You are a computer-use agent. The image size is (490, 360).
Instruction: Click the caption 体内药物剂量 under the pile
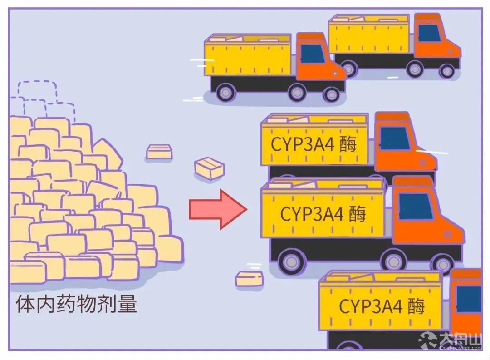click(76, 304)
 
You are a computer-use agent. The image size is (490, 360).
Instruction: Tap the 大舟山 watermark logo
click(451, 341)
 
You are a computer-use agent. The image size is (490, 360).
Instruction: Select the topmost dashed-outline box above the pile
click(37, 91)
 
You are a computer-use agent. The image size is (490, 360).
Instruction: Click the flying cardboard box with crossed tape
click(209, 168)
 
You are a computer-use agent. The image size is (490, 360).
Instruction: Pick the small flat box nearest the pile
click(159, 152)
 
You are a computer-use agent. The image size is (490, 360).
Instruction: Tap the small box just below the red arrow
click(249, 279)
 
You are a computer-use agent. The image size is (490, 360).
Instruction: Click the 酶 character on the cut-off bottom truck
click(416, 306)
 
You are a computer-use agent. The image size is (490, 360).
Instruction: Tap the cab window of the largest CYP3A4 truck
click(416, 206)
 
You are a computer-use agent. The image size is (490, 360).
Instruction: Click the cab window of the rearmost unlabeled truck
click(429, 33)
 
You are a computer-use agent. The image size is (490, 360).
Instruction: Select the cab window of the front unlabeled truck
click(313, 54)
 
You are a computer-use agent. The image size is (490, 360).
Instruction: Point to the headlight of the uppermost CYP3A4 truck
click(423, 163)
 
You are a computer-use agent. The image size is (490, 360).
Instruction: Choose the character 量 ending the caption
click(127, 304)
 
